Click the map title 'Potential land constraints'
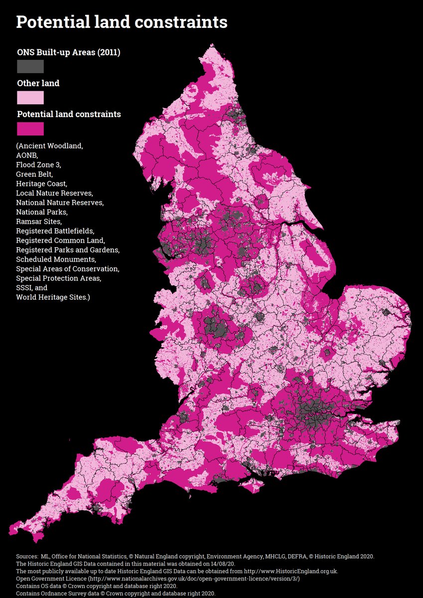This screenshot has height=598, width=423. pos(122,22)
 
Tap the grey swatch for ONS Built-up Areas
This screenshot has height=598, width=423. pos(30,66)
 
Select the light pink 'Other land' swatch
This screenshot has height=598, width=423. pos(30,97)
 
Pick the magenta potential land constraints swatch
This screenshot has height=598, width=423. pos(30,129)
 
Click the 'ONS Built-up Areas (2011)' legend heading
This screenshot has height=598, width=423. pos(68,52)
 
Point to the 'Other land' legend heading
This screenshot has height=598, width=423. pos(38,83)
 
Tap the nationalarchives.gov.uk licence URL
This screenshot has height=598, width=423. pos(194,578)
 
